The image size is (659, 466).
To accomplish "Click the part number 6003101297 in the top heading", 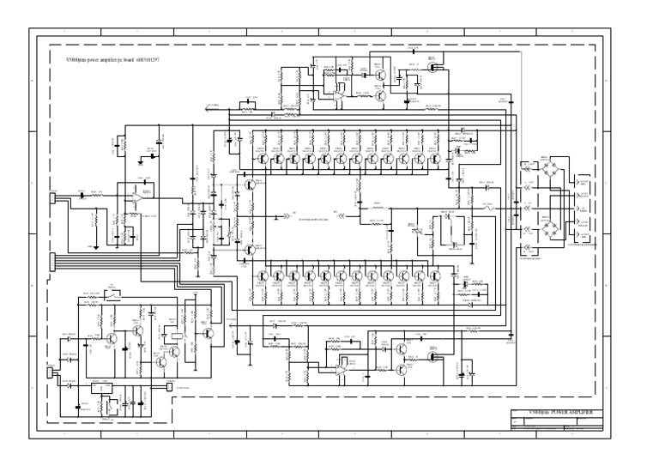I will [148, 61].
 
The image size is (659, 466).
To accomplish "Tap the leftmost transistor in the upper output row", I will [261, 159].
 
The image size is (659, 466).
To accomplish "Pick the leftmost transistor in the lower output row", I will [261, 277].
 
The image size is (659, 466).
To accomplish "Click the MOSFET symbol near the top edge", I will [432, 65].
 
